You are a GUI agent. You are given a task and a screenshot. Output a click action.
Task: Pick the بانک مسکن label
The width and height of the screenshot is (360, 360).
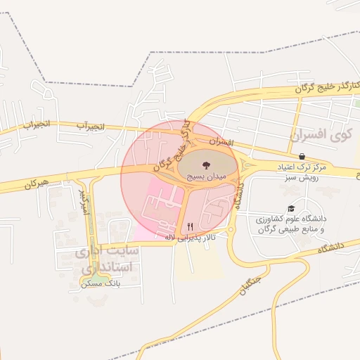(x=96, y=283)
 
